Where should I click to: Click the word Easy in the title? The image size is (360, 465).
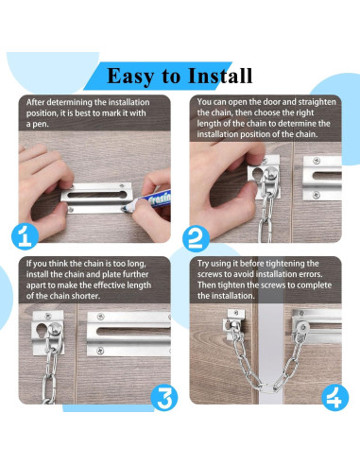[x=131, y=77]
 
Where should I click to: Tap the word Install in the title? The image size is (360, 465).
[x=220, y=76]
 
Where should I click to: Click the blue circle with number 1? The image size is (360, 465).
[x=25, y=236]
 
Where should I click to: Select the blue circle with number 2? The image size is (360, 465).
[x=196, y=238]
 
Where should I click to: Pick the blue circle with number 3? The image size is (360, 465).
[x=164, y=397]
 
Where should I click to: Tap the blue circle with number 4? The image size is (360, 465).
[x=335, y=397]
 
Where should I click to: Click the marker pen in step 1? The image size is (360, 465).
[x=148, y=201]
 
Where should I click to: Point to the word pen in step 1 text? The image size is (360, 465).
[x=41, y=125]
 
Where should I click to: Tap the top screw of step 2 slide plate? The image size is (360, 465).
[x=317, y=161]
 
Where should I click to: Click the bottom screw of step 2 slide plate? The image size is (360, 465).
[x=317, y=196]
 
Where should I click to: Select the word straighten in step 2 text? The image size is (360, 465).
[x=317, y=102]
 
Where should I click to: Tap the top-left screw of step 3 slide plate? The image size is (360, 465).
[x=101, y=317]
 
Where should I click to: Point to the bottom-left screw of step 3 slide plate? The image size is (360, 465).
[x=100, y=351]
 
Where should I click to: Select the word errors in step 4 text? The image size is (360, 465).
[x=311, y=274]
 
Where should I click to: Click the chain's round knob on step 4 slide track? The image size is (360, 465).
[x=302, y=328]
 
